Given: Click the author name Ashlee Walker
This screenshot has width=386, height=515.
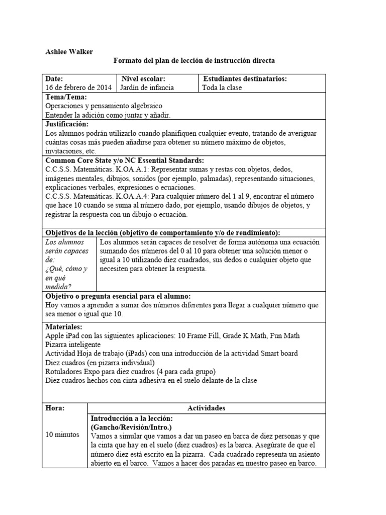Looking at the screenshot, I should coord(69,52).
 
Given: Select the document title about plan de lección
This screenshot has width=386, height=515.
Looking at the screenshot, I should coord(194,61).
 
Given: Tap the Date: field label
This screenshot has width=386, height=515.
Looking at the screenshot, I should coord(54,79).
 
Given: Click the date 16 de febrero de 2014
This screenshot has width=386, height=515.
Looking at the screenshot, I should coord(78,88).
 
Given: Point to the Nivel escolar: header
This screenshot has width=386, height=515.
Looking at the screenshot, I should coord(144,79).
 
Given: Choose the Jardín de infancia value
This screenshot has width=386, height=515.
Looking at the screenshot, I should coord(148,88).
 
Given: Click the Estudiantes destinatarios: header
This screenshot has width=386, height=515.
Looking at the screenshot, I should coord(245,79).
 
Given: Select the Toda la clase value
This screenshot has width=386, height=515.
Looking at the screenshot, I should coord(222,88).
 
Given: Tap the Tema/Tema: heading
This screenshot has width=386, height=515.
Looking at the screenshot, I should coord(66,97).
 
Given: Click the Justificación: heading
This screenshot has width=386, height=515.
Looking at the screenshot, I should coord(67,124).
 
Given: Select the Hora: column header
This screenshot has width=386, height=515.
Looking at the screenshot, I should coord(55,407).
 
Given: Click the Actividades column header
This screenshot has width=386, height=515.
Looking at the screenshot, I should coord(206,407).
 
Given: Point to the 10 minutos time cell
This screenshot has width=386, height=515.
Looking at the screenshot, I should coord(62,434).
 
